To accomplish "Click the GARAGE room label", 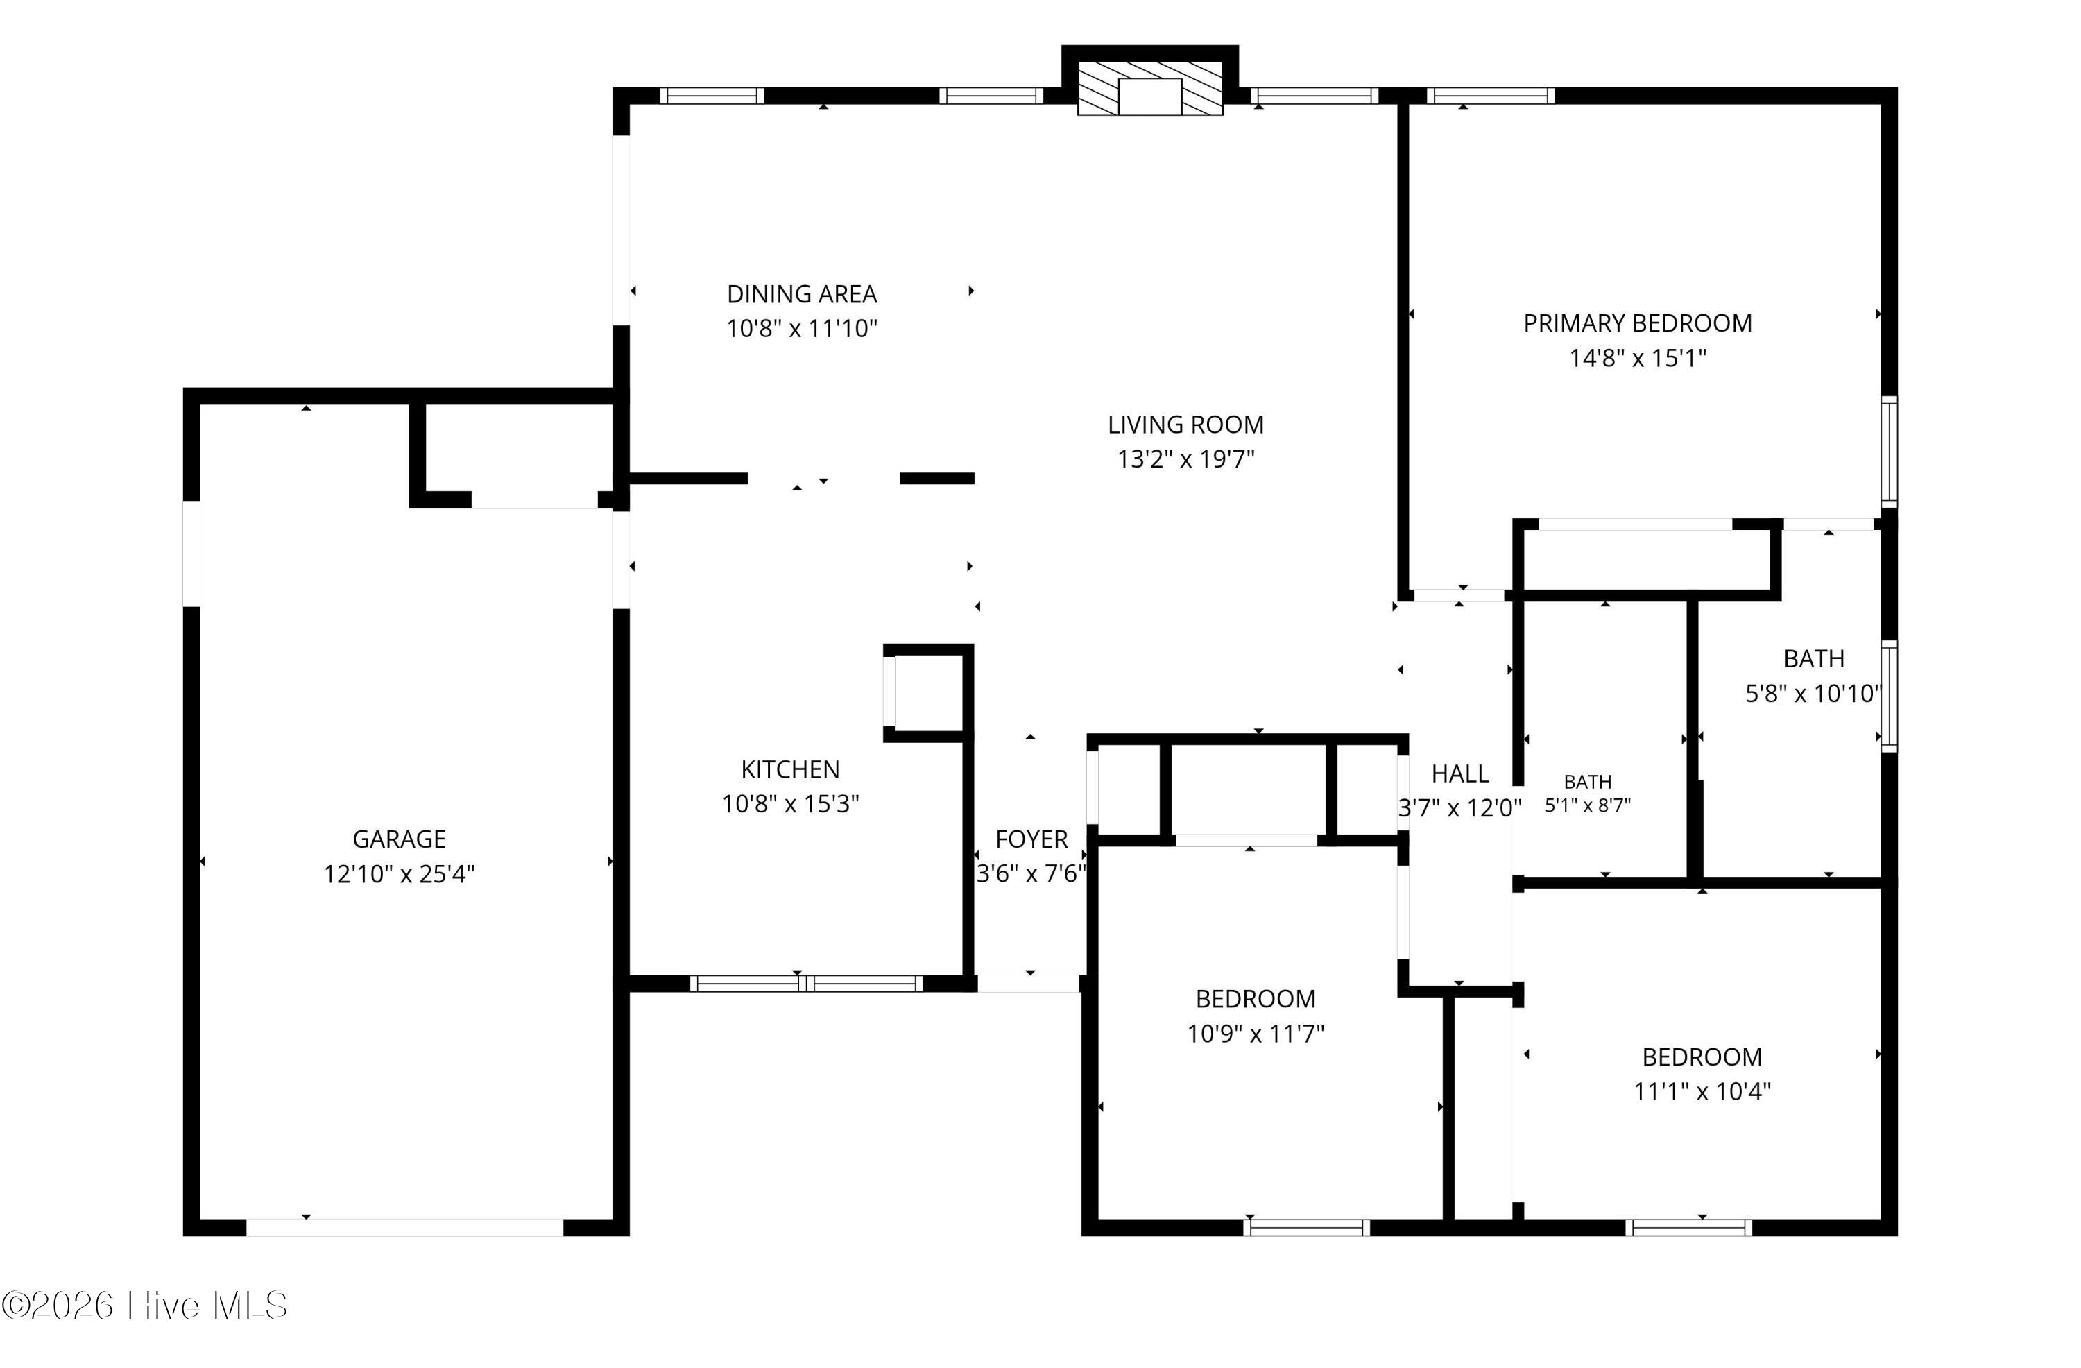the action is tap(399, 839).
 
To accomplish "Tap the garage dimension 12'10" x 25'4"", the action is tap(399, 875).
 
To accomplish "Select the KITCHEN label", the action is tap(790, 770).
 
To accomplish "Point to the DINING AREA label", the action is tap(802, 294).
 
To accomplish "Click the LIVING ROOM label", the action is tap(1185, 425).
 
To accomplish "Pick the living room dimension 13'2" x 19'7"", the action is tap(1185, 459).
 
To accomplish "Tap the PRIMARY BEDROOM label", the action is tap(1638, 324).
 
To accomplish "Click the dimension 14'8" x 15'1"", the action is tap(1638, 359).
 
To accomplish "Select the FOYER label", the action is tap(1031, 839).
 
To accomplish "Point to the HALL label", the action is tap(1460, 774).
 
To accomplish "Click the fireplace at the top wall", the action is tap(1150, 88).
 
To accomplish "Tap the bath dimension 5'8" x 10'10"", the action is tap(1813, 694).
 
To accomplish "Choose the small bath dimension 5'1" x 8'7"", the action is tap(1588, 805).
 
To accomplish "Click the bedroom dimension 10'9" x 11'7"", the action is tap(1256, 1034).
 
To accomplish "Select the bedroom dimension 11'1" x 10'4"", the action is tap(1702, 1092).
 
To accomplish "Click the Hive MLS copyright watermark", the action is tap(144, 1306).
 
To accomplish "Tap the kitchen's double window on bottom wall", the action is tap(806, 983).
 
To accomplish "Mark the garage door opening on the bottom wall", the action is tap(405, 1227).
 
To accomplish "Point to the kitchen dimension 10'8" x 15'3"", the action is tap(790, 804).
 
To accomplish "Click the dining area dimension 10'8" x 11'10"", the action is tap(802, 329).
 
